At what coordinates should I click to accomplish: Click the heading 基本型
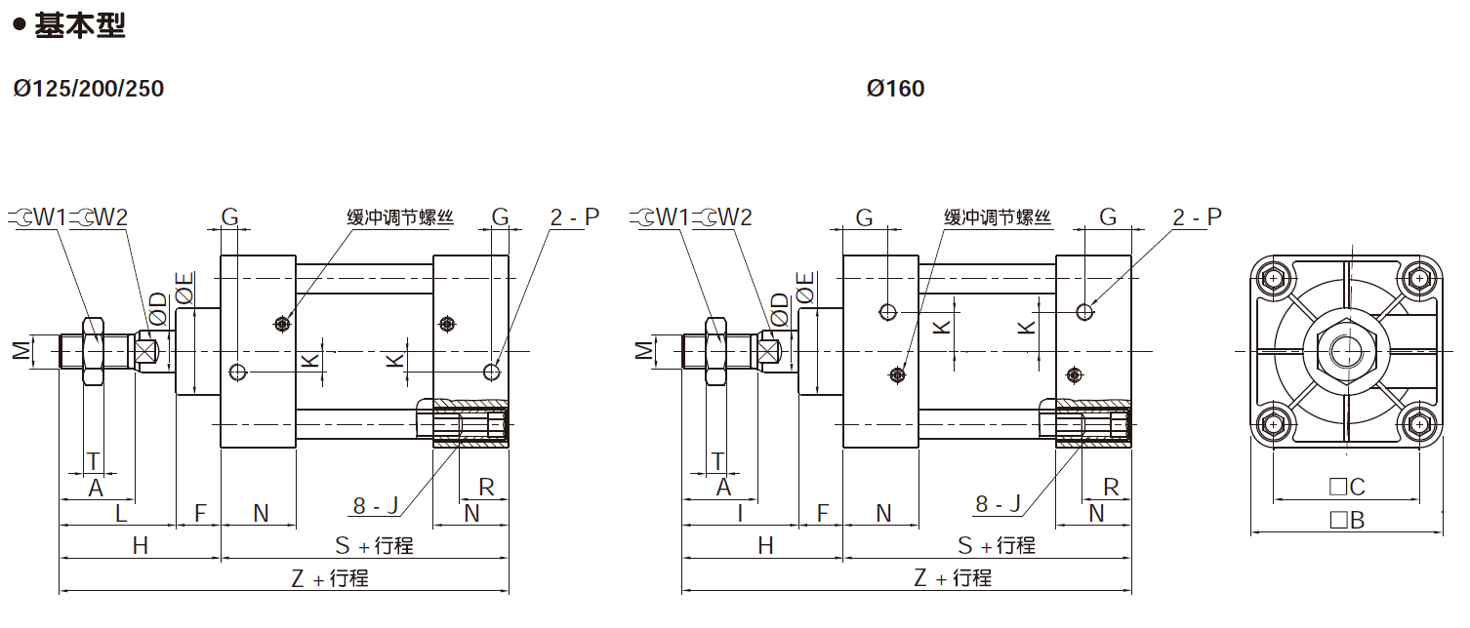(79, 26)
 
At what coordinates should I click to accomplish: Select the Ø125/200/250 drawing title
(89, 89)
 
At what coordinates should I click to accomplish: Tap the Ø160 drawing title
(895, 89)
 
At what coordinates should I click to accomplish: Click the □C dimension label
(1346, 487)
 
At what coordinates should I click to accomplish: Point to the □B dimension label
(1346, 520)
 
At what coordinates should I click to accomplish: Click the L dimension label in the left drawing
(121, 512)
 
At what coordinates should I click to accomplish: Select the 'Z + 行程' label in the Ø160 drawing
(952, 577)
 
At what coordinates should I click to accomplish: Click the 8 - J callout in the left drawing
(376, 505)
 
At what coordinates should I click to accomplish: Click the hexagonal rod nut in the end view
(1346, 350)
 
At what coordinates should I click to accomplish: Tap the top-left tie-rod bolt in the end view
(1273, 278)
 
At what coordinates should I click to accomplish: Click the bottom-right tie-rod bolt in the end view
(1418, 424)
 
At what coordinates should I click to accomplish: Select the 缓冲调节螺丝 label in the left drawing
(400, 217)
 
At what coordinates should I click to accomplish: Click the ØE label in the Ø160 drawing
(805, 290)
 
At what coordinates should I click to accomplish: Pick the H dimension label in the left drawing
(140, 546)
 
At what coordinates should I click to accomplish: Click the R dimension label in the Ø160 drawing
(1111, 487)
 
